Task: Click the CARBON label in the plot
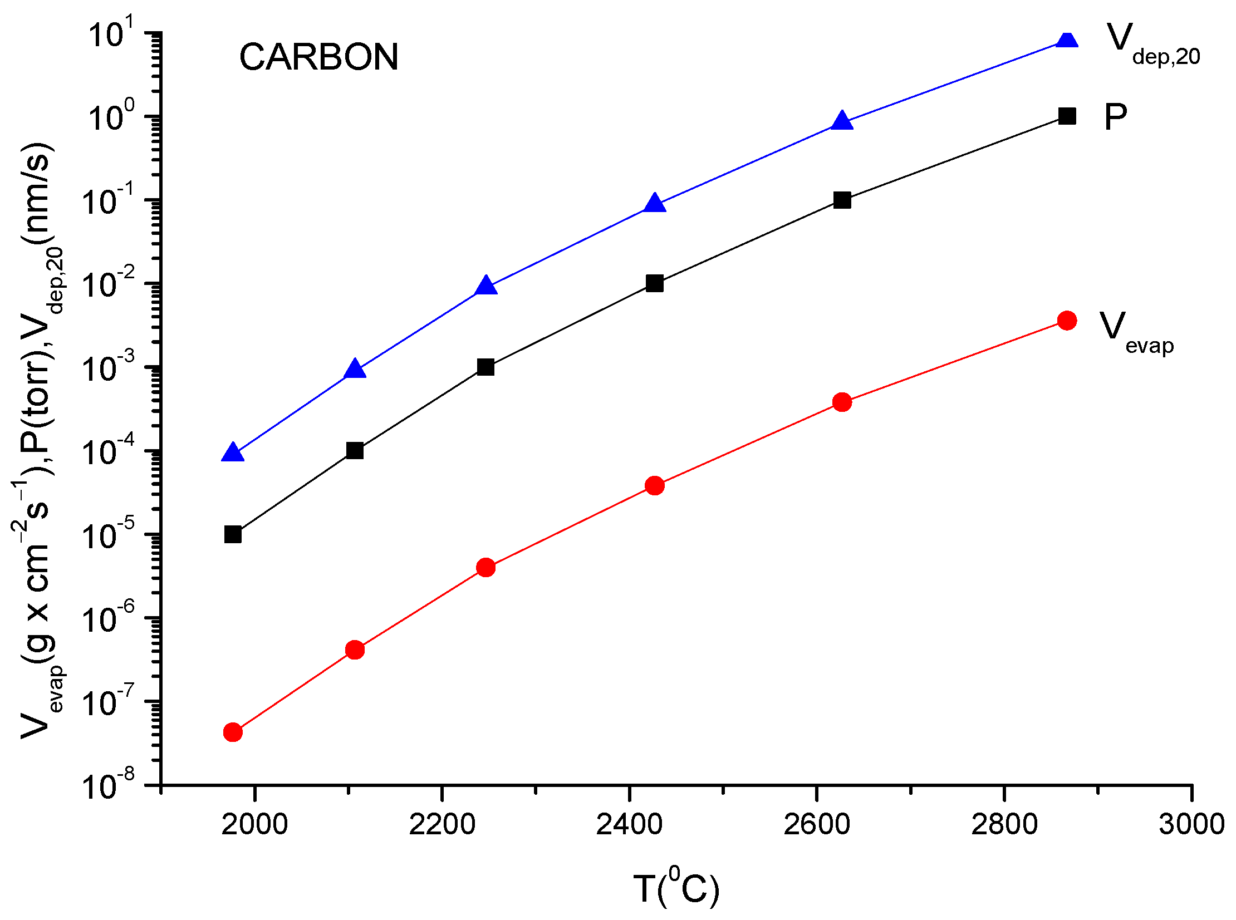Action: pos(318,57)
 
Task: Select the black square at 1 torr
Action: pos(1066,116)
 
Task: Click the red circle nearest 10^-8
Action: pos(233,732)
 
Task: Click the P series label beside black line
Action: pos(1115,117)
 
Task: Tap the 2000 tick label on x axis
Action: pos(254,824)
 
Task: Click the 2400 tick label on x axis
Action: pos(629,824)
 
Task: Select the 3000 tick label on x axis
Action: pos(1191,824)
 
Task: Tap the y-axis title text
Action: pos(39,440)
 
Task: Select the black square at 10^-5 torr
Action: pos(233,535)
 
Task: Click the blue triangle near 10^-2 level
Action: pos(485,286)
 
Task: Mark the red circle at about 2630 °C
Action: pos(842,402)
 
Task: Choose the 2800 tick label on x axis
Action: pos(1004,824)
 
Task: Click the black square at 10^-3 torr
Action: pos(485,367)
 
